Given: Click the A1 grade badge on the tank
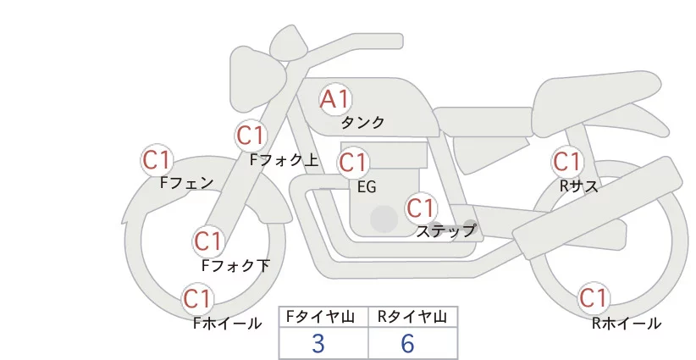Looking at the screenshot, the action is pyautogui.click(x=335, y=99).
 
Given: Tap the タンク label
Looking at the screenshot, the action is pyautogui.click(x=362, y=122).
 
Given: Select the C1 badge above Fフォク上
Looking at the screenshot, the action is pyautogui.click(x=251, y=136).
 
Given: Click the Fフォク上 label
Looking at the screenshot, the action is pyautogui.click(x=284, y=160).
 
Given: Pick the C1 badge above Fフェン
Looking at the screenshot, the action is pyautogui.click(x=157, y=160).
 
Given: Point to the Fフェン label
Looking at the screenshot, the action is pyautogui.click(x=187, y=182).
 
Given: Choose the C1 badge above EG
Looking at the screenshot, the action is pyautogui.click(x=353, y=163).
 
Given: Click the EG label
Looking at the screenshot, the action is pyautogui.click(x=367, y=187).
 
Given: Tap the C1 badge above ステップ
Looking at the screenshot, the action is pyautogui.click(x=421, y=208).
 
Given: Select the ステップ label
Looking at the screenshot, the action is pyautogui.click(x=445, y=231).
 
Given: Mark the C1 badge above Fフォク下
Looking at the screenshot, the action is pyautogui.click(x=208, y=241).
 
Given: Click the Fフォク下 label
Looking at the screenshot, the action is pyautogui.click(x=235, y=265).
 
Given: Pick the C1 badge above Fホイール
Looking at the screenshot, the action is pyautogui.click(x=197, y=299).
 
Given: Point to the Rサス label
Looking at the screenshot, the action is pyautogui.click(x=579, y=186).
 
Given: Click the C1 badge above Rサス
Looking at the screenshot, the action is pyautogui.click(x=567, y=162).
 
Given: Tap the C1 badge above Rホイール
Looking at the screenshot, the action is pyautogui.click(x=594, y=297).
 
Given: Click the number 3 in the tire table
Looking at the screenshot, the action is pyautogui.click(x=318, y=343).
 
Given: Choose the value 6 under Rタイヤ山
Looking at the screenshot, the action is pyautogui.click(x=407, y=343).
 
